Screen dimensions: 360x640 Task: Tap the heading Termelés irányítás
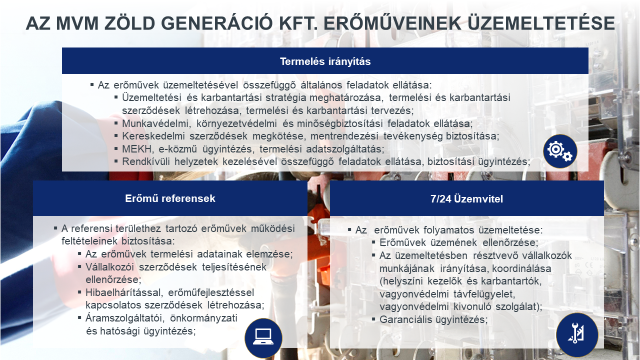[319, 61]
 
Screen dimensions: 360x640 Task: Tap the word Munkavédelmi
[153, 122]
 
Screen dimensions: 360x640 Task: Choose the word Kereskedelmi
[152, 135]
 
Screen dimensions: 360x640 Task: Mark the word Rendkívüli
[145, 160]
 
